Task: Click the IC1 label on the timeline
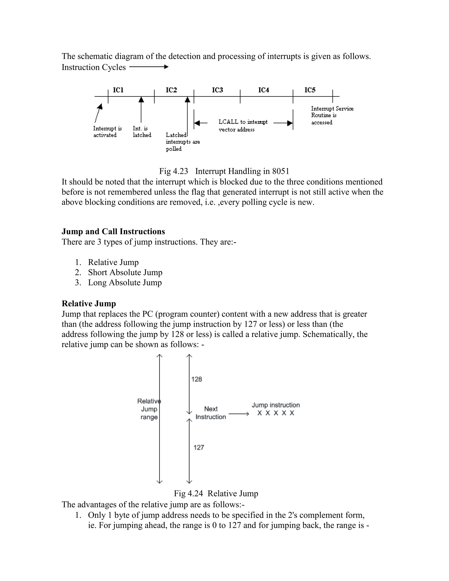click(118, 90)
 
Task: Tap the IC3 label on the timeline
click(217, 90)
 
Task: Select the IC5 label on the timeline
click(310, 90)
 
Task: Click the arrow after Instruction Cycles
click(149, 67)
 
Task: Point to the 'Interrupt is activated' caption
click(107, 132)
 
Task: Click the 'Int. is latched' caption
click(142, 132)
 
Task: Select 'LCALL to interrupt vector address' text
click(243, 126)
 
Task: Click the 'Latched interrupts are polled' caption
click(182, 142)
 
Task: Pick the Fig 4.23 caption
click(224, 171)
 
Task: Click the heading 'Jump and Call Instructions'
click(113, 232)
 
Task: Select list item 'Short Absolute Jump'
click(125, 272)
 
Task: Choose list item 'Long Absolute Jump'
click(125, 283)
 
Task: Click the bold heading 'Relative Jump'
click(89, 303)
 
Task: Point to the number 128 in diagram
click(197, 379)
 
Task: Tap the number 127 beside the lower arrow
click(199, 447)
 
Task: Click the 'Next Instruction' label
click(211, 413)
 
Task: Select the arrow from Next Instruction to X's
click(239, 414)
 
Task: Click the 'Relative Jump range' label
click(149, 409)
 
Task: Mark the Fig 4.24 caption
click(216, 494)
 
